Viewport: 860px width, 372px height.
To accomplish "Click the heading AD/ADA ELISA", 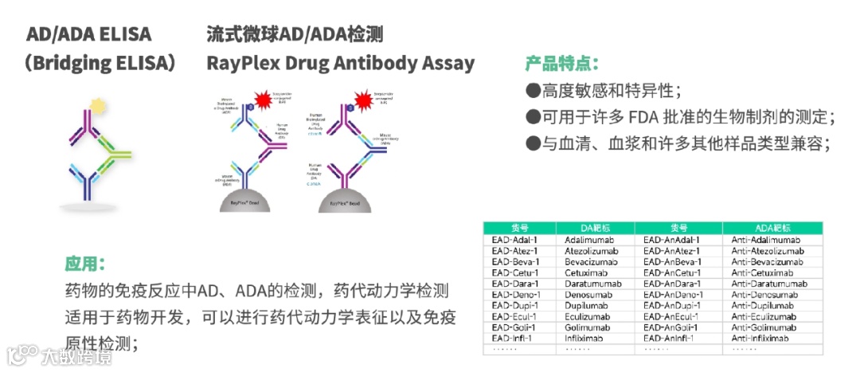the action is tap(88, 34).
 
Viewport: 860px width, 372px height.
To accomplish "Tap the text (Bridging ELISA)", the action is tap(99, 63).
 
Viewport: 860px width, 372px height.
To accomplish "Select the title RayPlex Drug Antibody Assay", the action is tap(340, 63).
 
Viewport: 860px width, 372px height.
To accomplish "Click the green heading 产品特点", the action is tap(561, 63).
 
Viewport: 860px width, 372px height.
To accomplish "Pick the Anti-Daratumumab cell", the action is tap(770, 284).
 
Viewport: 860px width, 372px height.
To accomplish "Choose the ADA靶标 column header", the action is tap(772, 228).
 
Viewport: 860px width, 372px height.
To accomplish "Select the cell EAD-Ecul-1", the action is tap(514, 317).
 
